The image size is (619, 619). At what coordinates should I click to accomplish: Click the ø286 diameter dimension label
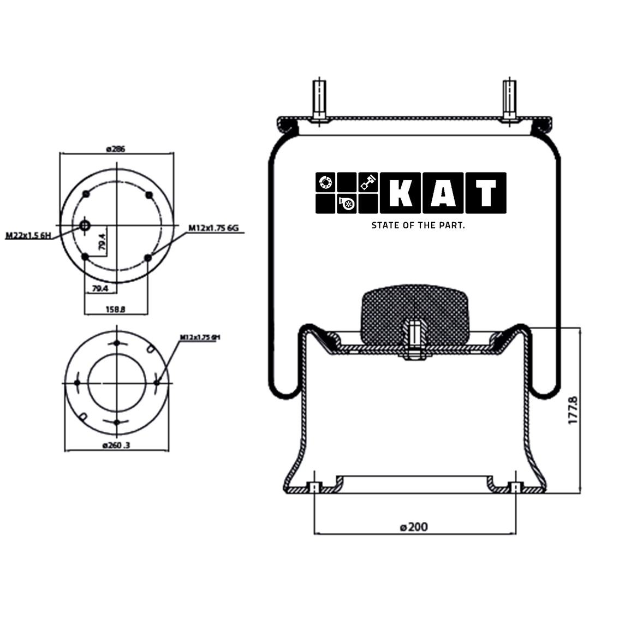click(x=116, y=148)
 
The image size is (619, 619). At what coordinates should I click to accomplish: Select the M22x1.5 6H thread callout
click(x=28, y=236)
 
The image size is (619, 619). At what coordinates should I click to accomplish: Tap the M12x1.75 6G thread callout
click(x=214, y=228)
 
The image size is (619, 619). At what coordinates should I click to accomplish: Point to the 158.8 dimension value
click(x=115, y=309)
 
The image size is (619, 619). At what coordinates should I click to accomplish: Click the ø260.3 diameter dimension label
click(x=116, y=445)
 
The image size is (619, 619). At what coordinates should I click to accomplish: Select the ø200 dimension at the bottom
click(x=413, y=527)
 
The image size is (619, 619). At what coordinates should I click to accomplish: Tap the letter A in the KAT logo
click(x=443, y=193)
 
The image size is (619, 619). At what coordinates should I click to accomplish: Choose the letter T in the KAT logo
click(x=485, y=193)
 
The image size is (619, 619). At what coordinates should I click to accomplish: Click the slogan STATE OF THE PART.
click(x=418, y=225)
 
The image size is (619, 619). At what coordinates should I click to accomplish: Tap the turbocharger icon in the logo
click(x=347, y=204)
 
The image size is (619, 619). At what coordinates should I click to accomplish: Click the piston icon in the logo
click(x=368, y=182)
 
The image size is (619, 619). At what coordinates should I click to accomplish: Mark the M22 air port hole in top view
click(x=85, y=225)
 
